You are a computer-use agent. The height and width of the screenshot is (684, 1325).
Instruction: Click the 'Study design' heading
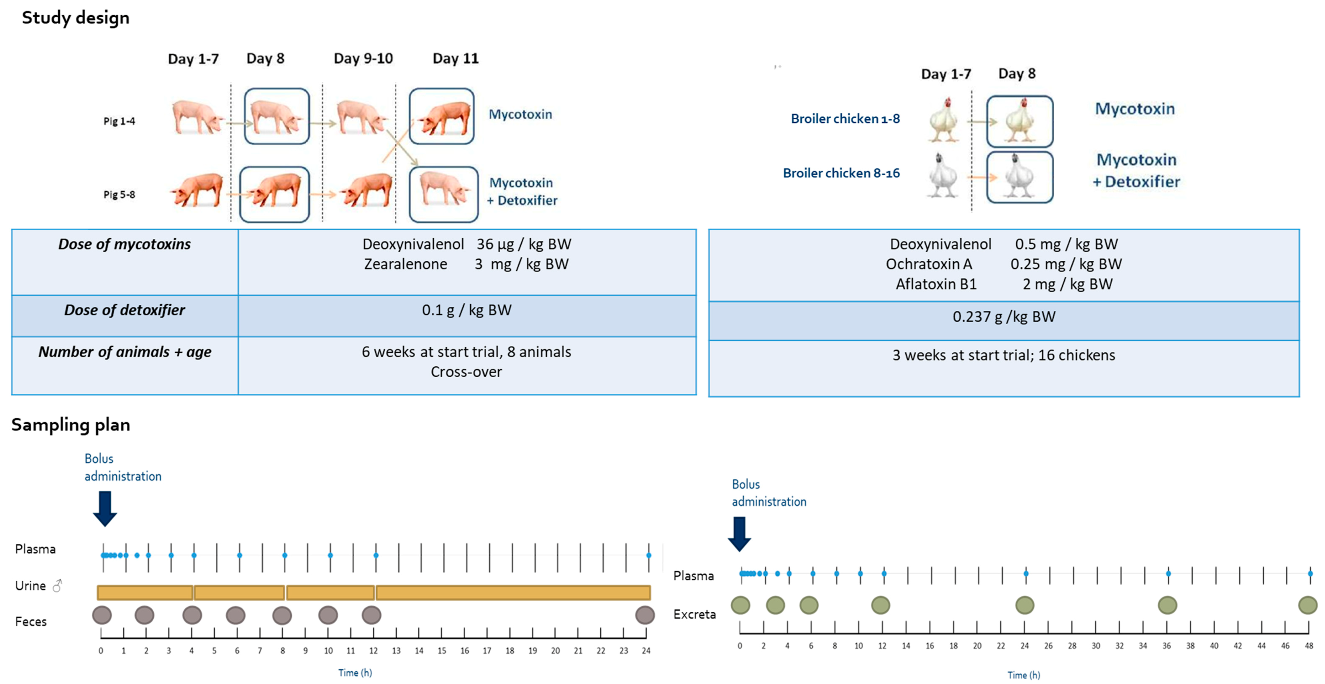click(x=76, y=18)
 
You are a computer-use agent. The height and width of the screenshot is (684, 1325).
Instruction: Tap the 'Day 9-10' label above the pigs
click(x=363, y=59)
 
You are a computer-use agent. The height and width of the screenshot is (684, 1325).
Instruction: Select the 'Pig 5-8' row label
click(x=119, y=195)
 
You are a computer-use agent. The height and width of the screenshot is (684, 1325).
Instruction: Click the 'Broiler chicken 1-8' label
click(x=845, y=119)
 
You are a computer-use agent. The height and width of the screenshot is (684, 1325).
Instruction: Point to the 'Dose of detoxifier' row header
click(x=124, y=310)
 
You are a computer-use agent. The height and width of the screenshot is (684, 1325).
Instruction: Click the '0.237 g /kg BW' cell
click(x=1003, y=317)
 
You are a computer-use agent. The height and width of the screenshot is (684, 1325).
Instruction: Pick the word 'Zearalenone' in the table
click(x=405, y=264)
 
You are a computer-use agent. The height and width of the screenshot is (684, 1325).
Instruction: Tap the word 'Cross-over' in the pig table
click(x=466, y=372)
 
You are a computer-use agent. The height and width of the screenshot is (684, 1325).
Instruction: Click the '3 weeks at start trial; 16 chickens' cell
click(x=1003, y=355)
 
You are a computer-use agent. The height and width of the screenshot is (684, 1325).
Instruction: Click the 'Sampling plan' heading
click(x=71, y=425)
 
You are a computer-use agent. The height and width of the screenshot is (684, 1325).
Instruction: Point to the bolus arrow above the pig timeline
click(x=105, y=508)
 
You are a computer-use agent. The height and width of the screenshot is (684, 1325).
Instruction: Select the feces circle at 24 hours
click(x=644, y=615)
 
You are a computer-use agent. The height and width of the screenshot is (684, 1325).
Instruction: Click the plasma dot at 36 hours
click(x=1168, y=574)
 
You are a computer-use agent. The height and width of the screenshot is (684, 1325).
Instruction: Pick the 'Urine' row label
click(x=31, y=586)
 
